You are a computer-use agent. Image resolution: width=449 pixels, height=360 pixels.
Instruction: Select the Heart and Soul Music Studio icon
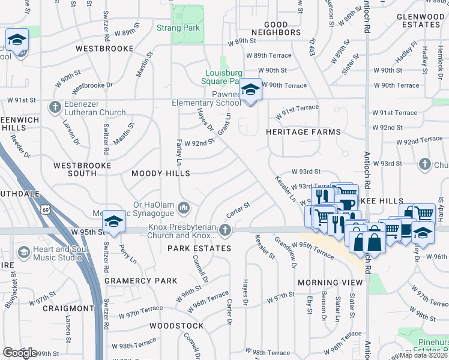point(23,253)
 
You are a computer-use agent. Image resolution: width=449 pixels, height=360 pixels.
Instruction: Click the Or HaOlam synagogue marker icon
point(184,208)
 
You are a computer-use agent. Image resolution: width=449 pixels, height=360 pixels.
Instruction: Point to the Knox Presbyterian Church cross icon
point(225,229)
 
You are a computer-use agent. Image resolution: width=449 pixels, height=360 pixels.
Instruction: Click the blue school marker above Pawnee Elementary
point(250,91)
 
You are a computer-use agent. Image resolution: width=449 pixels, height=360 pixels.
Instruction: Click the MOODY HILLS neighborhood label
point(161,173)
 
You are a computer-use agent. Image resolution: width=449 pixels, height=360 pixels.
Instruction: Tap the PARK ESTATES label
point(199,248)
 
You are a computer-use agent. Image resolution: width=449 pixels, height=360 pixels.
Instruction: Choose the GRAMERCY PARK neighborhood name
point(141,280)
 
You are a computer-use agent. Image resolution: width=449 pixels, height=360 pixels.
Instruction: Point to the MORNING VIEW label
point(331,282)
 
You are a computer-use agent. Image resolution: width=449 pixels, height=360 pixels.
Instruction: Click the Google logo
point(20,353)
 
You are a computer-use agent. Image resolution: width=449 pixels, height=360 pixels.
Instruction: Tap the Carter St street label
point(238,211)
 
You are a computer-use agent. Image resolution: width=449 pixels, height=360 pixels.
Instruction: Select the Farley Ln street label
point(178,151)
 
